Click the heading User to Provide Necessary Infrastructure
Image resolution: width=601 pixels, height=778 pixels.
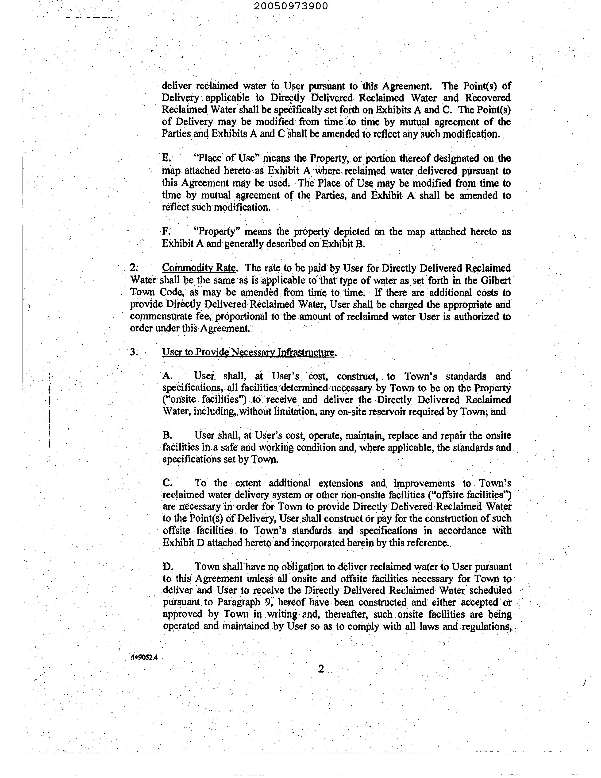(248, 352)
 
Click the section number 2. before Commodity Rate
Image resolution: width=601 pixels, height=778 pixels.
(134, 268)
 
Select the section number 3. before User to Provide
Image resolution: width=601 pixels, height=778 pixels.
(134, 352)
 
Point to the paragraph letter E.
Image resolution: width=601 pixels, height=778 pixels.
(166, 159)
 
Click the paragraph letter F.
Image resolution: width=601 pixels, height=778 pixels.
(166, 232)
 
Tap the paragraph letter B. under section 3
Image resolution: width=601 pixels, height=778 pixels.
(167, 436)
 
